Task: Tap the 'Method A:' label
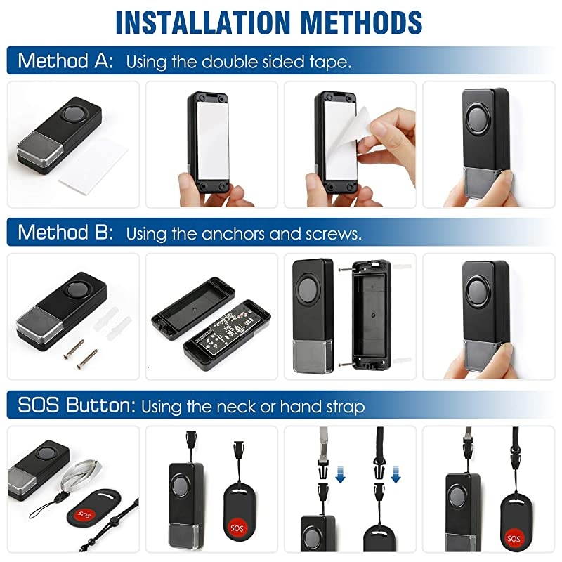pos(65,60)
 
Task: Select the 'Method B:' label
pos(65,232)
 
